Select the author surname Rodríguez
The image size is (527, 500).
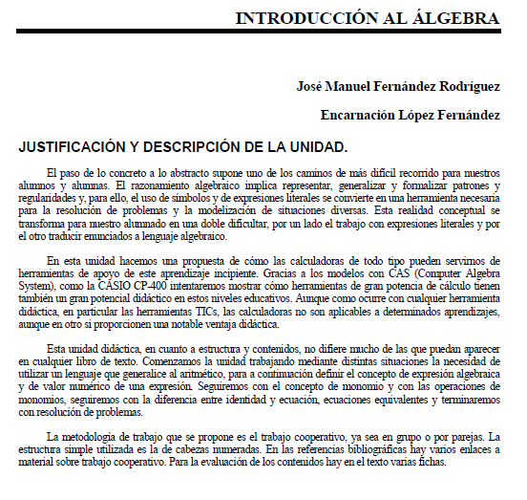click(x=467, y=86)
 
